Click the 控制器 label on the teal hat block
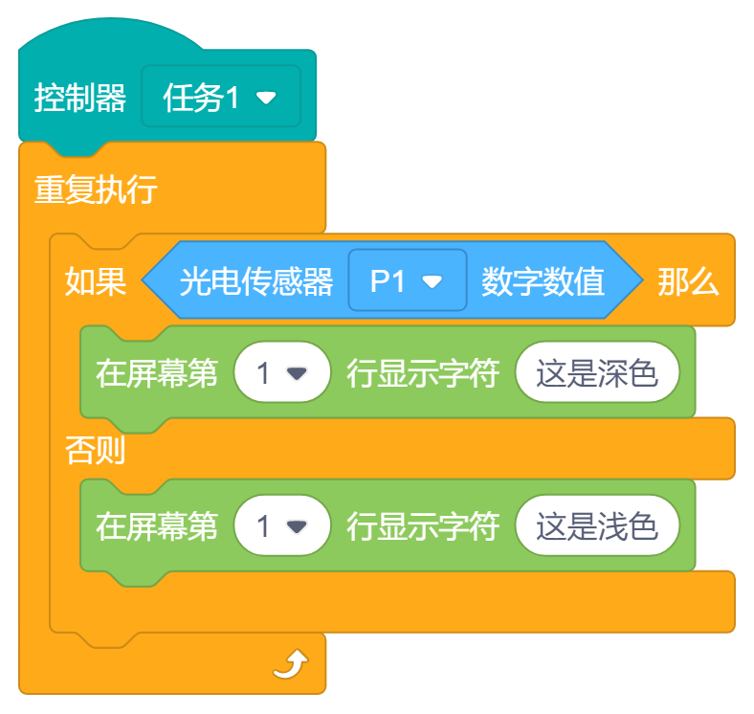tap(80, 98)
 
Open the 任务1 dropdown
tap(220, 97)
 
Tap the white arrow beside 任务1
tap(266, 98)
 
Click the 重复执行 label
tap(96, 189)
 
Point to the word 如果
tap(96, 281)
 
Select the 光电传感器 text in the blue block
tap(256, 281)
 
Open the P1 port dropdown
tap(407, 281)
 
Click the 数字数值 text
tap(543, 281)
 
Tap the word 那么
tap(688, 281)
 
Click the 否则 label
tap(96, 450)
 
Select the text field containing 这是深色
tap(597, 373)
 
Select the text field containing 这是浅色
tap(597, 526)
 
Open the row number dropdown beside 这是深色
tap(282, 373)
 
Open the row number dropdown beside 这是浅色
tap(282, 526)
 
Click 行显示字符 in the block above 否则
tap(423, 373)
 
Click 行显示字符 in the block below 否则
tap(423, 526)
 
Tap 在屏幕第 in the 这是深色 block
tap(157, 373)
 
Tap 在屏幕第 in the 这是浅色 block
tap(157, 526)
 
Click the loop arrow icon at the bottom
tap(291, 663)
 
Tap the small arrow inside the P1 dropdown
tap(432, 282)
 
